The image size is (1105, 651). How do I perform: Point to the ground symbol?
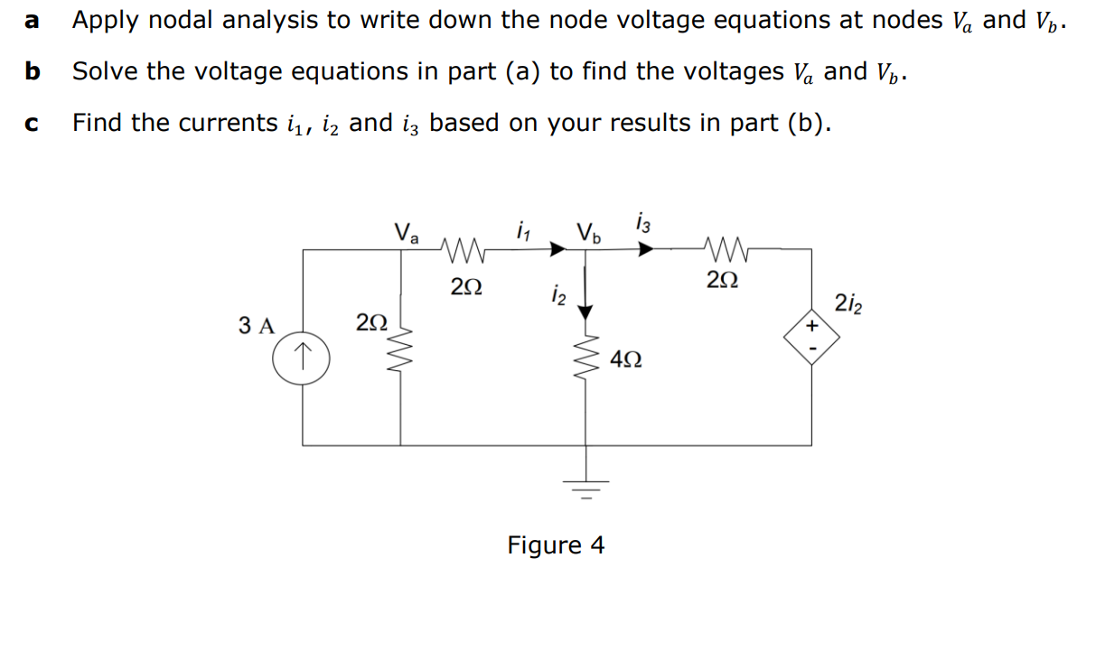coord(586,492)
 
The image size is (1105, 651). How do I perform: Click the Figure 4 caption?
coord(556,545)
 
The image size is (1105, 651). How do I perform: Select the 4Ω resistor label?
coord(626,359)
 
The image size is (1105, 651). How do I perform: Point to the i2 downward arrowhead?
coord(586,312)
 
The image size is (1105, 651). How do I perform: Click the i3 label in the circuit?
coord(642,222)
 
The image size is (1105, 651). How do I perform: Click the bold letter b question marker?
coord(33,71)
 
